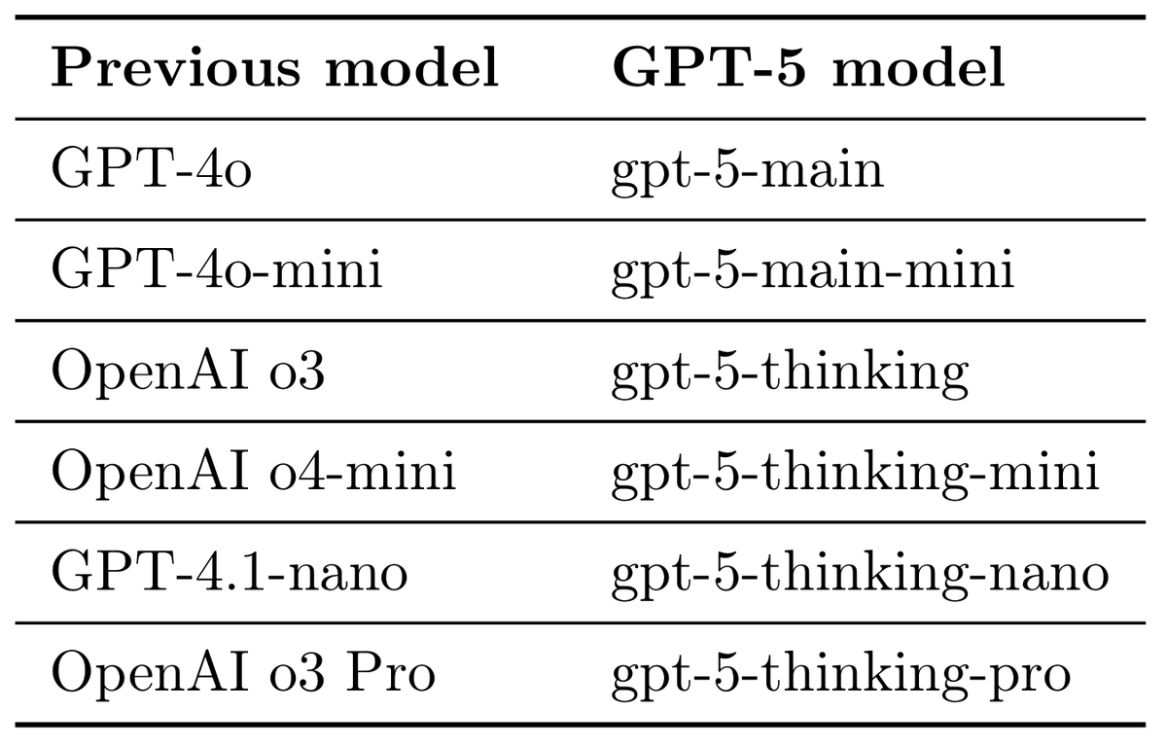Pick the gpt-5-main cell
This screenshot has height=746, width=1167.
(747, 171)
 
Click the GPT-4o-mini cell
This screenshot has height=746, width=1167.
(216, 270)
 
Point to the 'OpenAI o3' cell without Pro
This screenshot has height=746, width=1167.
(187, 372)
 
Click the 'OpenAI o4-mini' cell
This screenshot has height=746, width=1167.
(253, 474)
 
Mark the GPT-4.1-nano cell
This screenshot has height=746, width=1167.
(229, 574)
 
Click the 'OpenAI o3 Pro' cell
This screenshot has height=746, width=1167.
(242, 674)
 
